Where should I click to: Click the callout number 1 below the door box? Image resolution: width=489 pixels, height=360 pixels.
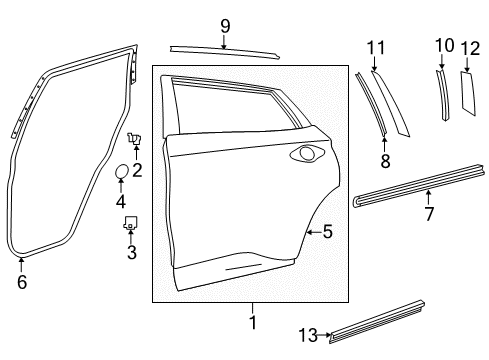click(x=252, y=322)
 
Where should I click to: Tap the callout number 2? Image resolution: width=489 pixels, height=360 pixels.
click(x=137, y=169)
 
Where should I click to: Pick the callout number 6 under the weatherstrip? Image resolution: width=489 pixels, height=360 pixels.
click(x=22, y=281)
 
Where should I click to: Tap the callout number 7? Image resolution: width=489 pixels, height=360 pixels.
click(x=429, y=214)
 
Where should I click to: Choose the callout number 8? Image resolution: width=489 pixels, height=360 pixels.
click(x=385, y=160)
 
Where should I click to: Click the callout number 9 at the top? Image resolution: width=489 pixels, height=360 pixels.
click(x=224, y=26)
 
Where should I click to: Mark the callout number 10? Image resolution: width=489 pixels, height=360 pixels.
click(x=445, y=44)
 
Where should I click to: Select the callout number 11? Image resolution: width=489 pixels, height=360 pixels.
click(x=375, y=48)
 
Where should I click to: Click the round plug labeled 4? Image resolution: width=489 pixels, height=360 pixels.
click(x=119, y=173)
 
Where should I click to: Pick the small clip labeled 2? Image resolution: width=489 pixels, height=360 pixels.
click(x=133, y=139)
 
